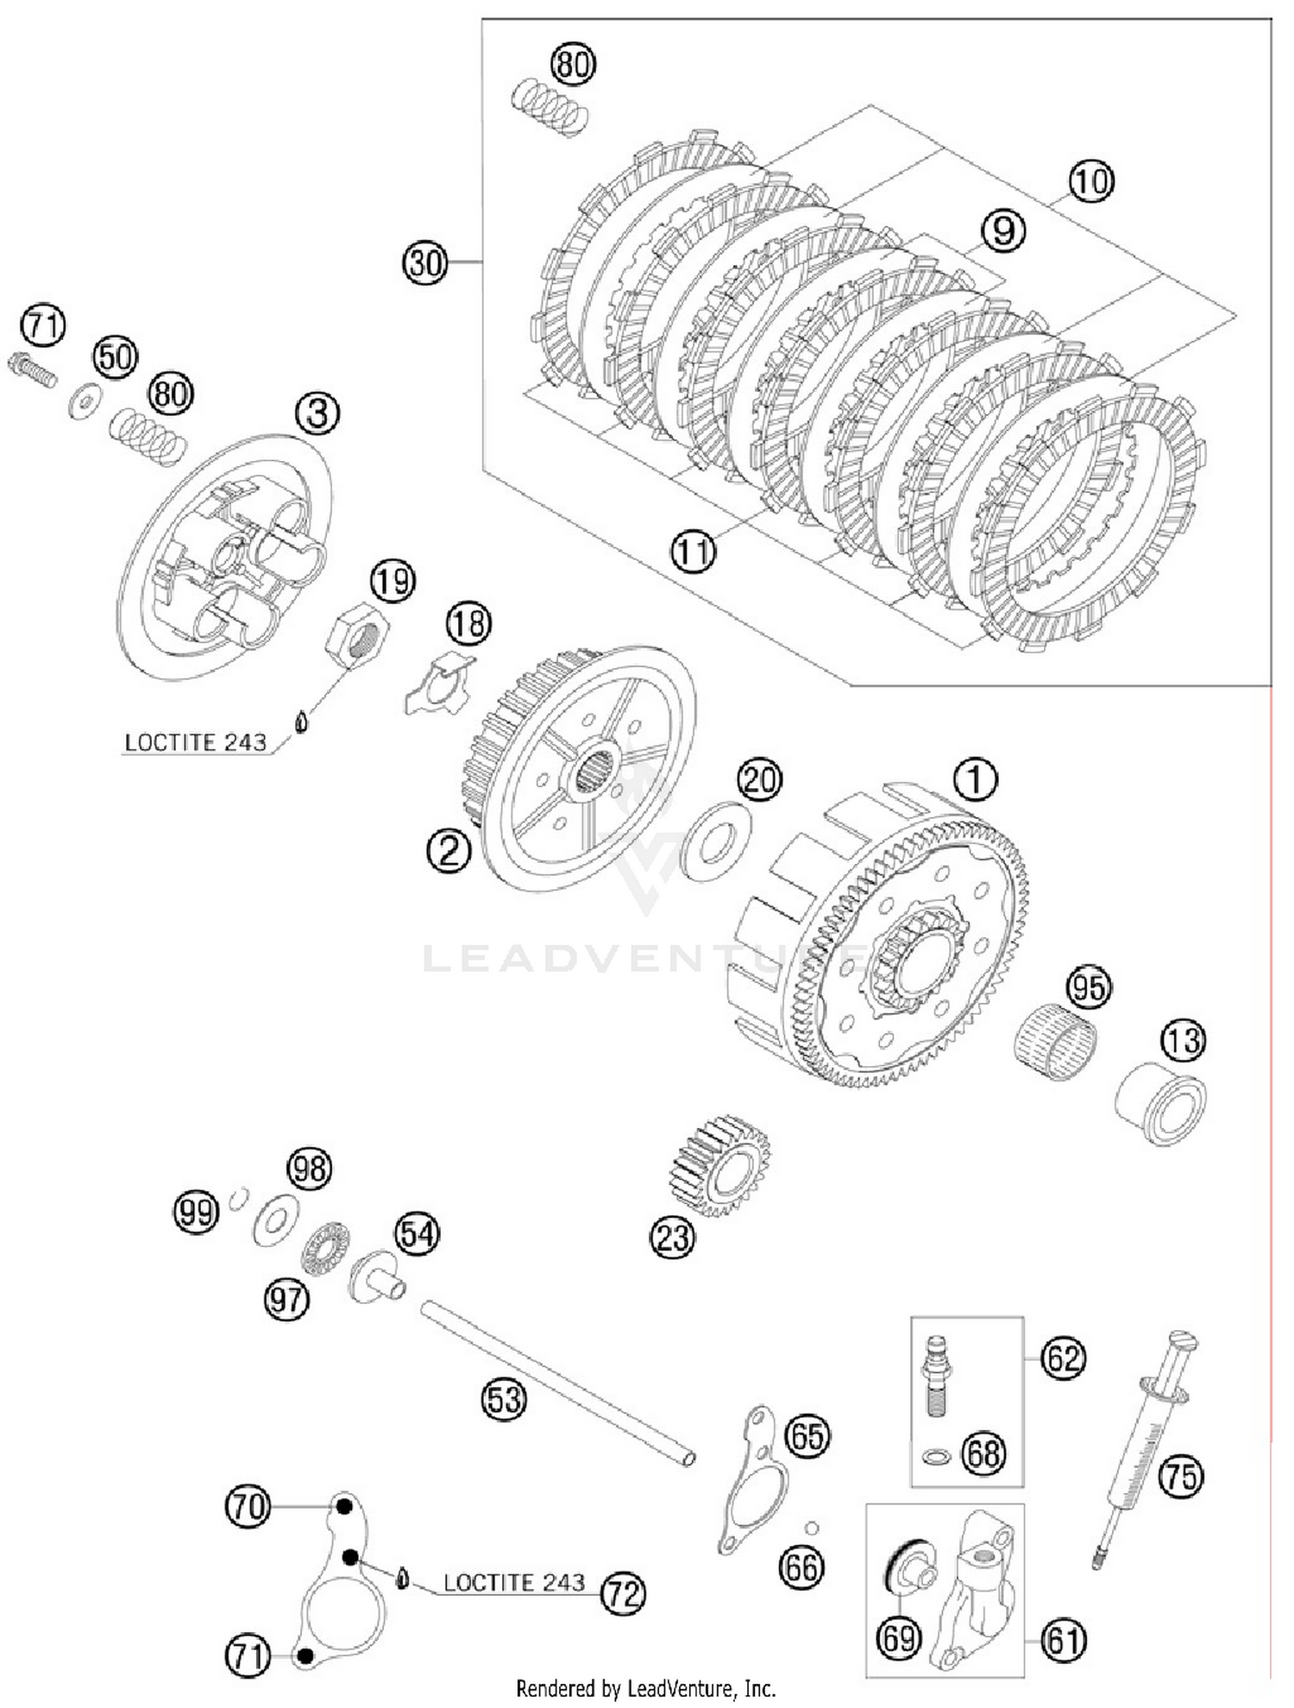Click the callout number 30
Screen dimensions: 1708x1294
tap(425, 262)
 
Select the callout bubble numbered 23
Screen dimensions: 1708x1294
tap(672, 1237)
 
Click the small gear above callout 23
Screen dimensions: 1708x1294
tap(719, 1165)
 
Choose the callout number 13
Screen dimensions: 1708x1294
tap(1182, 1040)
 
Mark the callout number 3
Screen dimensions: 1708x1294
tap(317, 413)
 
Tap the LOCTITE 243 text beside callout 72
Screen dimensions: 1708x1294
tap(514, 1582)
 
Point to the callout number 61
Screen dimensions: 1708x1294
tap(1063, 1639)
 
